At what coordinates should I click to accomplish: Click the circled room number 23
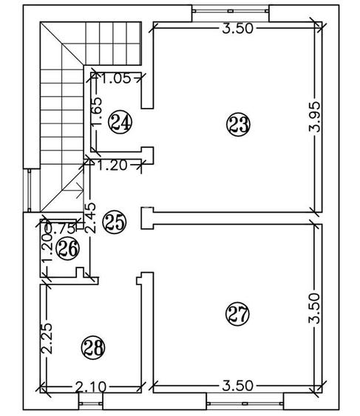238,125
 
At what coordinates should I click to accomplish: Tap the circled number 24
120,122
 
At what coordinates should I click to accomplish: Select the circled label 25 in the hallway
115,222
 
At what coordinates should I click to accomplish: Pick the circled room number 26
68,248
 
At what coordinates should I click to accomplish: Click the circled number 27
237,313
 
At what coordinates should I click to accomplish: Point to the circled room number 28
93,348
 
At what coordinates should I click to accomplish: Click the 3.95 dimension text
315,117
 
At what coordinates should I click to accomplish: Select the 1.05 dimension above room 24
116,78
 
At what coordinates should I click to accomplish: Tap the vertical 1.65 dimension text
96,112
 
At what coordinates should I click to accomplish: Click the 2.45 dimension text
90,218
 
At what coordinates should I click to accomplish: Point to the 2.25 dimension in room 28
47,338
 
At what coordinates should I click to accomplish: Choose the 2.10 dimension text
90,387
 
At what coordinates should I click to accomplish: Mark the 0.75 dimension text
61,229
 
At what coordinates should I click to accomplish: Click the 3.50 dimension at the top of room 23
237,28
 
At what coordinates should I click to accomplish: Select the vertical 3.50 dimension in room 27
314,308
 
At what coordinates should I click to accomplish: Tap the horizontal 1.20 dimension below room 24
112,166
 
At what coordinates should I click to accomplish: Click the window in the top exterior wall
231,11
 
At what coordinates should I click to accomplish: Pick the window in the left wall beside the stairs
30,190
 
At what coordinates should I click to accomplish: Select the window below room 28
90,403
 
